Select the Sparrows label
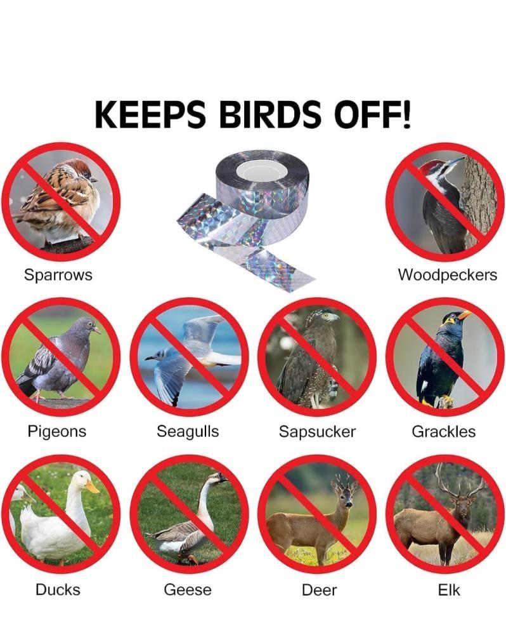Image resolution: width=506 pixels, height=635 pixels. coord(58,274)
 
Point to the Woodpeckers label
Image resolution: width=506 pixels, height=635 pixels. coord(448,274)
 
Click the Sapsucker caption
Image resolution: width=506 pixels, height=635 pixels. coord(317,432)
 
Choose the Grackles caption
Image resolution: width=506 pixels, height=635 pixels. coord(444,431)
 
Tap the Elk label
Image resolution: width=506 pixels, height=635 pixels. coord(449,590)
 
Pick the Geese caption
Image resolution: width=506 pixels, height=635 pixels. coord(188,590)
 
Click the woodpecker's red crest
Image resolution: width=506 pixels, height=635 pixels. coord(429,165)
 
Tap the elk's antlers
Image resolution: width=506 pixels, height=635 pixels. coord(461,482)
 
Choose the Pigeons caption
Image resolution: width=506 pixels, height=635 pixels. coord(57,432)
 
